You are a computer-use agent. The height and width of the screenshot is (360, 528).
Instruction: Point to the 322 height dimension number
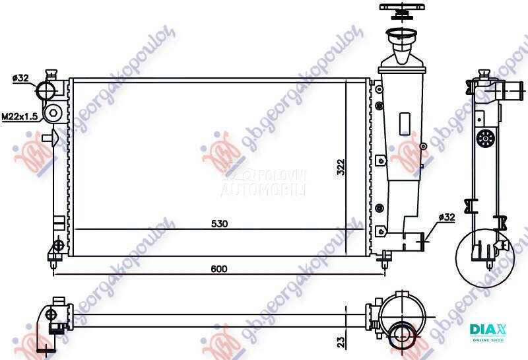click(x=341, y=167)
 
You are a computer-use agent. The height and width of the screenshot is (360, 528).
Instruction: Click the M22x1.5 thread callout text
click(x=19, y=116)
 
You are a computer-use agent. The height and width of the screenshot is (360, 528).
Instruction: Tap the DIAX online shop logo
click(x=487, y=331)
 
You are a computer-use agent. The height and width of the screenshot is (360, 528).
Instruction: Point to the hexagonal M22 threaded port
click(x=53, y=115)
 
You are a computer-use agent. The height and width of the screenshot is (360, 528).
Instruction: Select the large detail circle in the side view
click(x=485, y=256)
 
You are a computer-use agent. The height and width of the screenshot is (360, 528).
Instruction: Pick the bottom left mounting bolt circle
click(x=57, y=245)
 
